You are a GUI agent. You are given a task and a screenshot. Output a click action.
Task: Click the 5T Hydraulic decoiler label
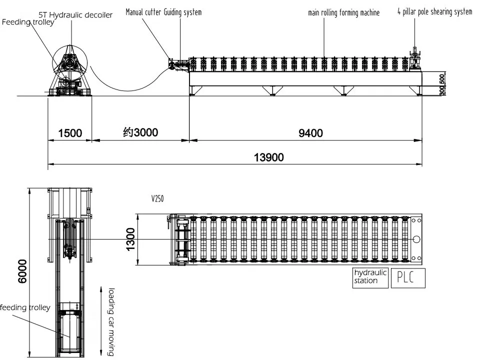(x=75, y=15)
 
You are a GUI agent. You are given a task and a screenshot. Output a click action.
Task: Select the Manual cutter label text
(x=143, y=12)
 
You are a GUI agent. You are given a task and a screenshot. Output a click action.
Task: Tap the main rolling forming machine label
(x=343, y=12)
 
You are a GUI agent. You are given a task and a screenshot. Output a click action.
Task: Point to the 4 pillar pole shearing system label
(x=435, y=12)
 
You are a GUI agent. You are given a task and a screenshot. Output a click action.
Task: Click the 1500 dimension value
(x=70, y=133)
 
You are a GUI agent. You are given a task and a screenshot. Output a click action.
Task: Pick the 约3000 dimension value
(x=140, y=132)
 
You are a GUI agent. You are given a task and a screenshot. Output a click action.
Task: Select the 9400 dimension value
(x=310, y=133)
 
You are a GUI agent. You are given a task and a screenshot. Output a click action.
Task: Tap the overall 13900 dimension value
(x=268, y=157)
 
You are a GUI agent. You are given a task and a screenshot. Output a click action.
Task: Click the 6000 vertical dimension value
(x=22, y=271)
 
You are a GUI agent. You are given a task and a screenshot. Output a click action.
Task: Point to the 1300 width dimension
(x=130, y=239)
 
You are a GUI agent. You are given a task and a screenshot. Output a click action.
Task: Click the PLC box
(x=408, y=278)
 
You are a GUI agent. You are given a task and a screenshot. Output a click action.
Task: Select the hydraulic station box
(x=370, y=278)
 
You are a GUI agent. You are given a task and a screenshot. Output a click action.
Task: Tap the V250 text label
(x=157, y=198)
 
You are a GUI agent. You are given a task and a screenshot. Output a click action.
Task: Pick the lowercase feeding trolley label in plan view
(x=25, y=307)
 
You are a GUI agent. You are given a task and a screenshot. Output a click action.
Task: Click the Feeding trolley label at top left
(x=28, y=22)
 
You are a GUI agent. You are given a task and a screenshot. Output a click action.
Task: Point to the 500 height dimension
(x=442, y=79)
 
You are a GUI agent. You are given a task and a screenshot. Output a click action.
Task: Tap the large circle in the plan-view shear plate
(x=416, y=239)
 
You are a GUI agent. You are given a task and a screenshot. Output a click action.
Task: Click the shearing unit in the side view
(x=414, y=59)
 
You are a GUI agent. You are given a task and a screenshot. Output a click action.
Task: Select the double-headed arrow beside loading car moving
(x=101, y=321)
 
